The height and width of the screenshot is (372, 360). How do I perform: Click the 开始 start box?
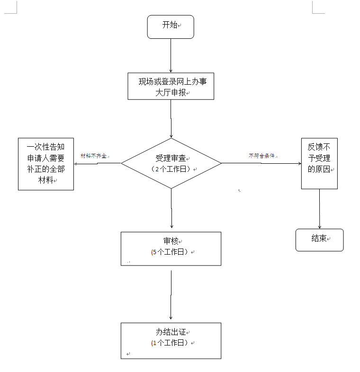[171, 27]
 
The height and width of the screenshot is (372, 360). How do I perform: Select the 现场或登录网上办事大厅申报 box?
[171, 86]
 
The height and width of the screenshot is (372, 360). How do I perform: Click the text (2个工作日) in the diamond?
[171, 169]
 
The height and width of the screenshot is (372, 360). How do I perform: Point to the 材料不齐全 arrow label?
[94, 155]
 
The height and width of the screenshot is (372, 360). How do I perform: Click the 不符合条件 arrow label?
[262, 155]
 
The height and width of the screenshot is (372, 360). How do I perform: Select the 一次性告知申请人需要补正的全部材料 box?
[46, 164]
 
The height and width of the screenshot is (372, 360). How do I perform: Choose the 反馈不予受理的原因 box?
[319, 163]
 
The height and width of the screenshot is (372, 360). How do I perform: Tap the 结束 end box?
[319, 239]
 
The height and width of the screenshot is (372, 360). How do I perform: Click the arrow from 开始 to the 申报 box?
[171, 56]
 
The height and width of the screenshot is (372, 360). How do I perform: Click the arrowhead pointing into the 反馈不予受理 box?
[298, 163]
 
